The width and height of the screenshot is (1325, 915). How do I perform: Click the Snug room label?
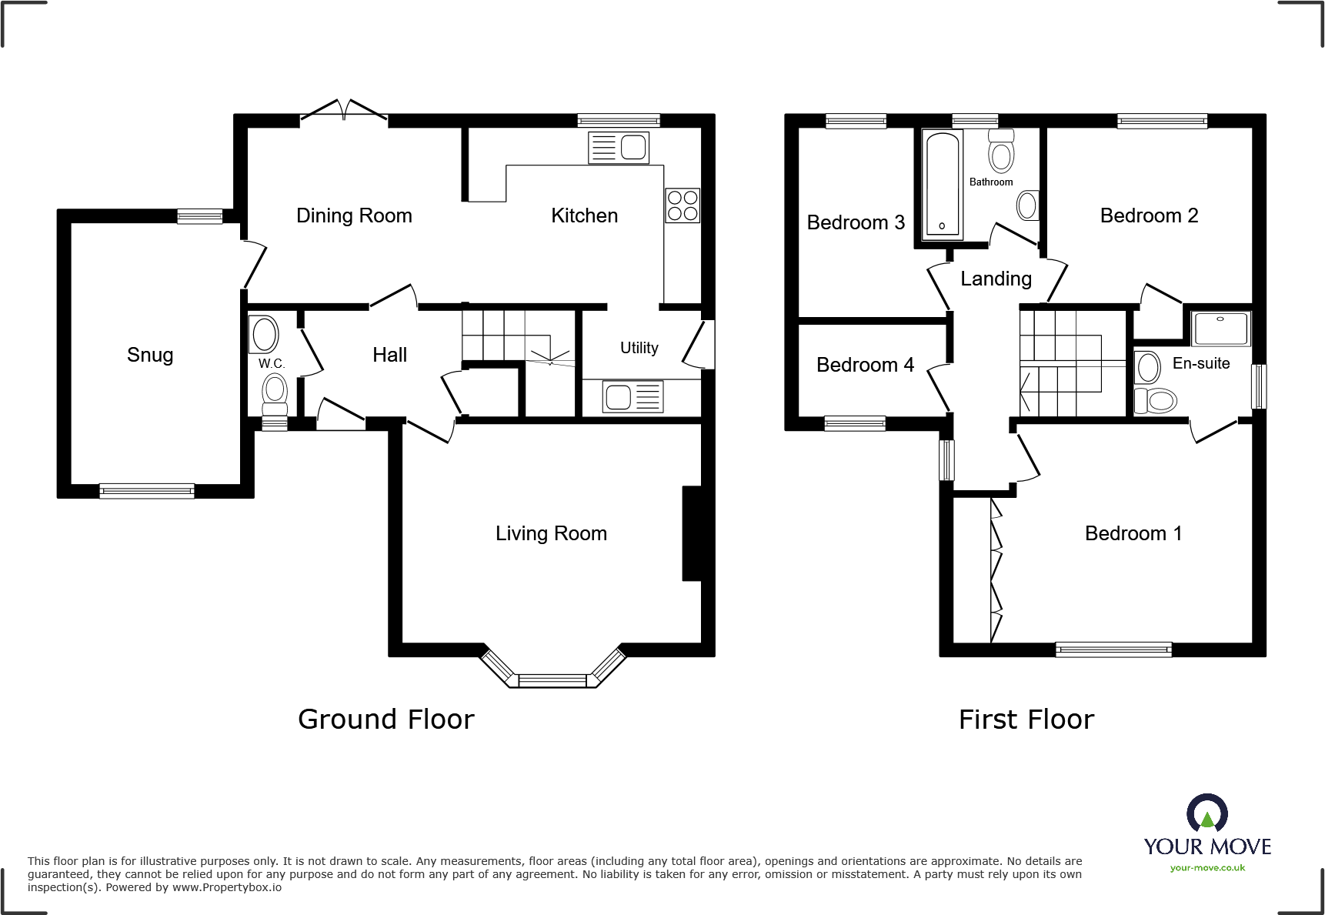pyautogui.click(x=150, y=355)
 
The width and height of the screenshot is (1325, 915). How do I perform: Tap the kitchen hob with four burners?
pyautogui.click(x=683, y=205)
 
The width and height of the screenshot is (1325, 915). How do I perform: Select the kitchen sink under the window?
pyautogui.click(x=619, y=148)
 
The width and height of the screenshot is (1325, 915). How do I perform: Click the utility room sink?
pyautogui.click(x=632, y=397)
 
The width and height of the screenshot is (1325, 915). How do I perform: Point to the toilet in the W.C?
pyautogui.click(x=275, y=394)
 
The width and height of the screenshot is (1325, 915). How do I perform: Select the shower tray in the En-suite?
pyautogui.click(x=1220, y=329)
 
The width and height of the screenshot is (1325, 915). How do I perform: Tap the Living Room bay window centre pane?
pyautogui.click(x=552, y=680)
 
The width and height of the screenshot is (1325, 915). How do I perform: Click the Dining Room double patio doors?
pyautogui.click(x=343, y=112)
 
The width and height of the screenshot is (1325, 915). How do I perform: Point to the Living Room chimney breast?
pyautogui.click(x=692, y=533)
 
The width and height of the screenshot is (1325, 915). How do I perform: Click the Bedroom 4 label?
pyautogui.click(x=865, y=365)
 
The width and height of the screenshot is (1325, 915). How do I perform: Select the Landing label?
pyautogui.click(x=996, y=279)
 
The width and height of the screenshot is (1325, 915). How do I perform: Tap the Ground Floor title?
pyautogui.click(x=386, y=720)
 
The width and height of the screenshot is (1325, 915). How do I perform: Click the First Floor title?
pyautogui.click(x=1026, y=720)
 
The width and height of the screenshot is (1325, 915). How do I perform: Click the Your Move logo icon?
pyautogui.click(x=1207, y=813)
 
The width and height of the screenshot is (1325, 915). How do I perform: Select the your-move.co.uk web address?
pyautogui.click(x=1207, y=868)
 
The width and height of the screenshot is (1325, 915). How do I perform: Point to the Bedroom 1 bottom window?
pyautogui.click(x=1113, y=650)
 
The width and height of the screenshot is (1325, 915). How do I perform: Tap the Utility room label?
pyautogui.click(x=639, y=348)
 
